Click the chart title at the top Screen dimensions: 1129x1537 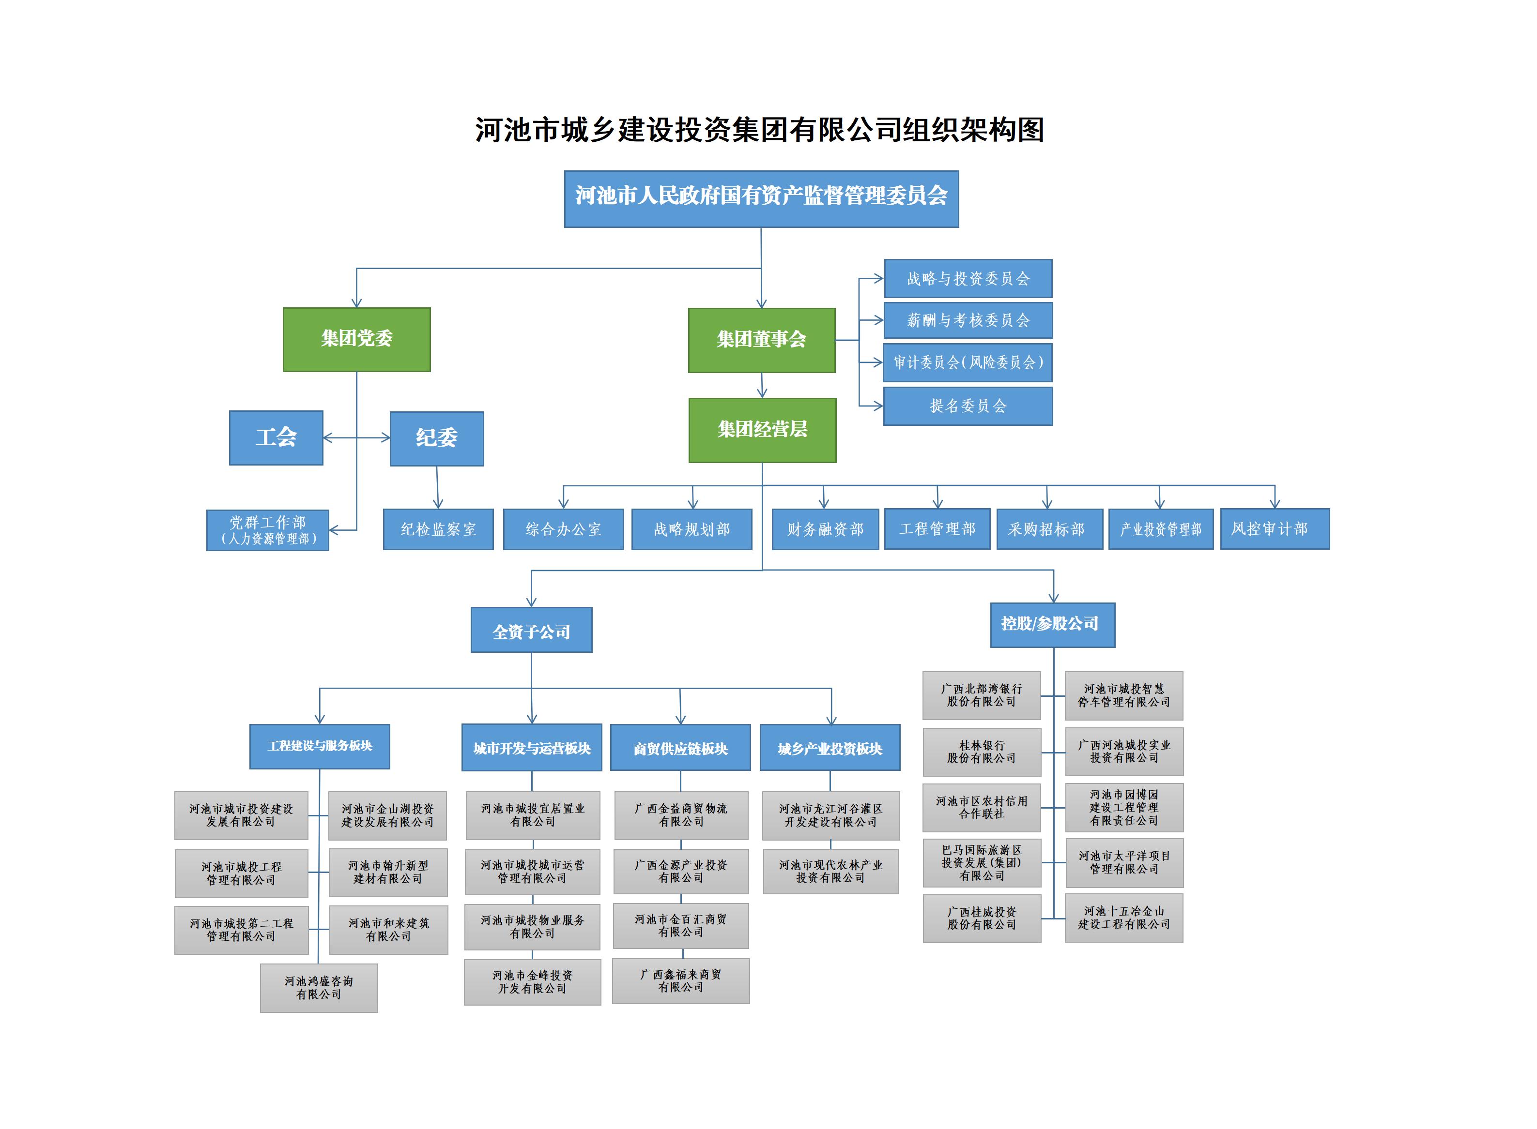760,129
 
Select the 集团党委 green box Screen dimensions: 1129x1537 356,339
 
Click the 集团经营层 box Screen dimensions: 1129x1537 762,430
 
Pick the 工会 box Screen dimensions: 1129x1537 276,437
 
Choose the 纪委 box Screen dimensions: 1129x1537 436,438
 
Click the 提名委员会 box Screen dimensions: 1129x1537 968,406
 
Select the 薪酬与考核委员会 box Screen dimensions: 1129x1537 968,320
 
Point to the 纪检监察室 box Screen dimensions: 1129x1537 438,529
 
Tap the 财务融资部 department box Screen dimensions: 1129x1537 825,529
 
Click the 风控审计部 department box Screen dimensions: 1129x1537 1275,528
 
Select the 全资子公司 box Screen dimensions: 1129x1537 531,630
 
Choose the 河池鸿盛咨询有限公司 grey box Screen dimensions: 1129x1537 319,988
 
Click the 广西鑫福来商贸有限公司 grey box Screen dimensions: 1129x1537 680,981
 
